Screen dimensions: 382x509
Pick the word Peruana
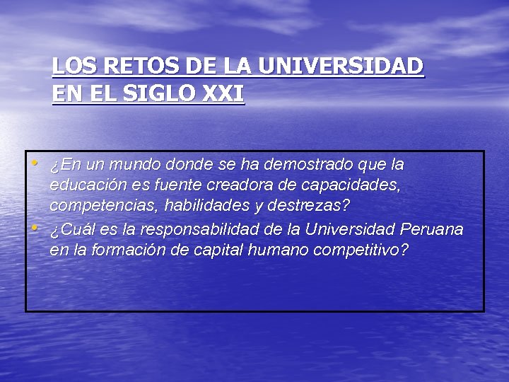(431, 230)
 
